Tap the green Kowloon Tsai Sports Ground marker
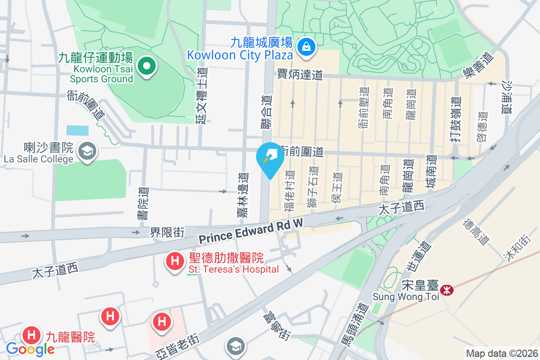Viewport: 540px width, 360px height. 146,67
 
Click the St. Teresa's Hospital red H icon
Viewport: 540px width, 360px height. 174,261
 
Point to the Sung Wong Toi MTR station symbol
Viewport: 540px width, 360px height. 447,290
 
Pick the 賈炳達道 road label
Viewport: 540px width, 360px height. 300,74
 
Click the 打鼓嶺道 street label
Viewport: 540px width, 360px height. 455,120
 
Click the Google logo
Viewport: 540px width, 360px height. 30,349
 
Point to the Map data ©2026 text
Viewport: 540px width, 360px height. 501,354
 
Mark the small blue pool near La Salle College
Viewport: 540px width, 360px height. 77,130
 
